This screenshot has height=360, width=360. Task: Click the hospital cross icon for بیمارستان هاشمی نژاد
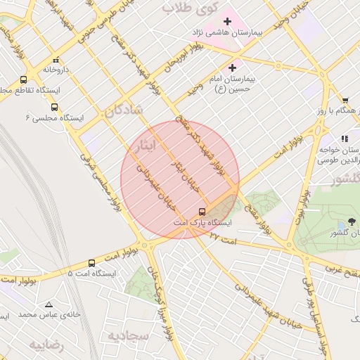click(x=227, y=22)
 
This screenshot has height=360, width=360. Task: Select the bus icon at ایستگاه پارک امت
click(x=202, y=211)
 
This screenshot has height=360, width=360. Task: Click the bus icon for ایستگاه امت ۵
click(x=91, y=263)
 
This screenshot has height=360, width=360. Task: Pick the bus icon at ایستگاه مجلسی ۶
click(x=54, y=107)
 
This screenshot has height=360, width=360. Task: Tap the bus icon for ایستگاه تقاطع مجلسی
click(x=24, y=80)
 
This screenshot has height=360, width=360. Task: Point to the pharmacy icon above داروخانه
click(x=56, y=60)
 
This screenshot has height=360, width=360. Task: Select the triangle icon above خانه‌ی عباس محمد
click(x=49, y=304)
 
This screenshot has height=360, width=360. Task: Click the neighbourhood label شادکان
click(x=126, y=110)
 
